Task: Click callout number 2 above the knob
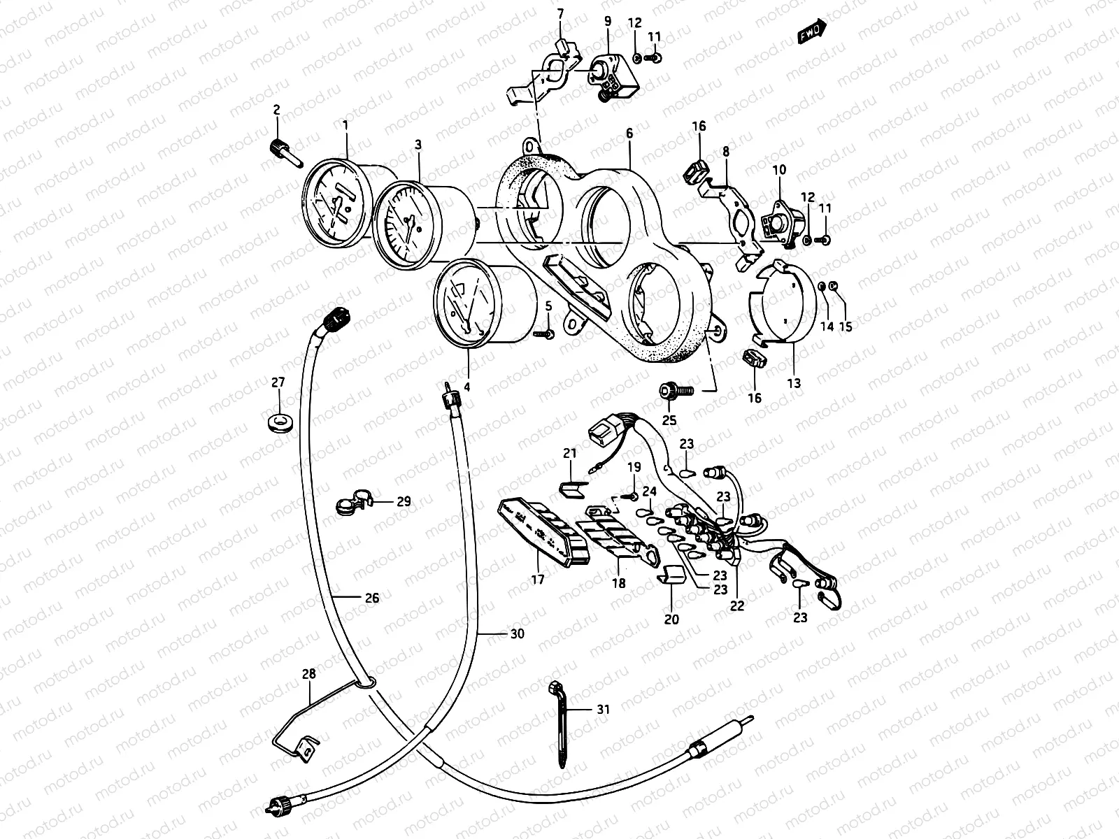[x=277, y=110]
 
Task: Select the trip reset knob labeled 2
[x=280, y=149]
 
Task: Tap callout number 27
[x=278, y=382]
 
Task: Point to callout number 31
[x=603, y=709]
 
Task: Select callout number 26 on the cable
[x=372, y=598]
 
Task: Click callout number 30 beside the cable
[x=516, y=634]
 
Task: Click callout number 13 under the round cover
[x=793, y=383]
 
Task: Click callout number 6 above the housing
[x=629, y=131]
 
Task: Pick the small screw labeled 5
[x=543, y=334]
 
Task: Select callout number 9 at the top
[x=607, y=22]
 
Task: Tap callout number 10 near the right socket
[x=779, y=170]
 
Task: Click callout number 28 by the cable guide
[x=308, y=674]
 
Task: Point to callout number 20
[x=671, y=619]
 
